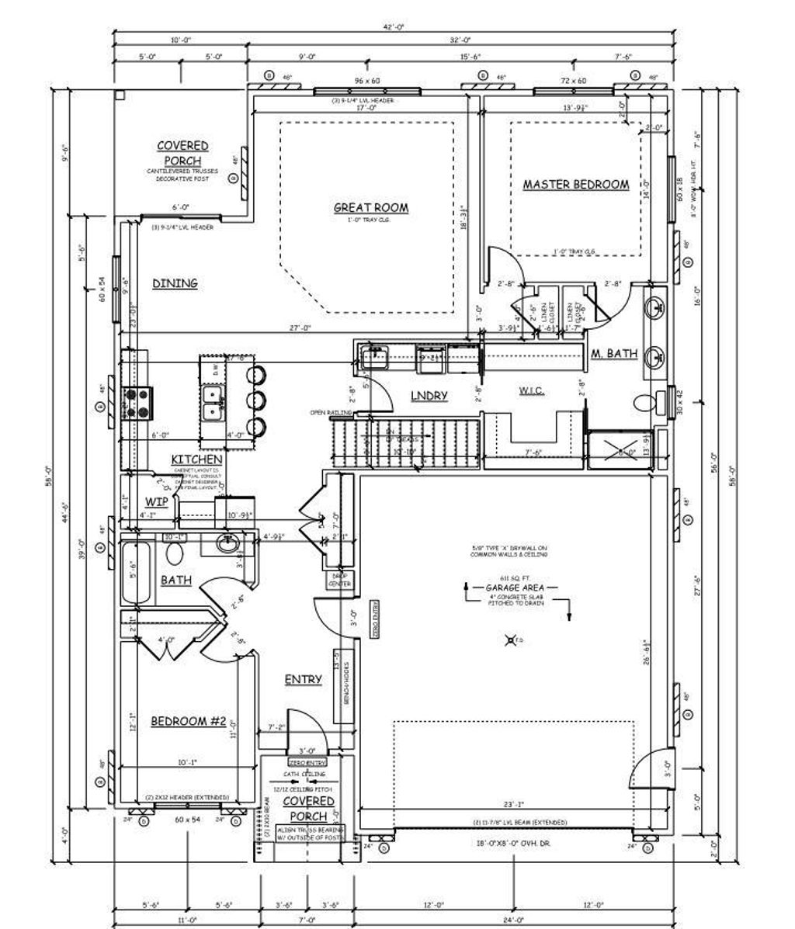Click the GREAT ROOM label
pyautogui.click(x=370, y=208)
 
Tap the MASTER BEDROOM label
pyautogui.click(x=575, y=185)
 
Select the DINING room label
pyautogui.click(x=174, y=283)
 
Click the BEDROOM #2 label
pyautogui.click(x=188, y=722)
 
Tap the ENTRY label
pyautogui.click(x=303, y=680)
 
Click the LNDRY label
pyautogui.click(x=429, y=396)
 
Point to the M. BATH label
pyautogui.click(x=614, y=354)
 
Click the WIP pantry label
pyautogui.click(x=157, y=501)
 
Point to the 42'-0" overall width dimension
pyautogui.click(x=394, y=28)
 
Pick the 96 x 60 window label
pyautogui.click(x=367, y=81)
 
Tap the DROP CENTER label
pyautogui.click(x=339, y=580)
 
